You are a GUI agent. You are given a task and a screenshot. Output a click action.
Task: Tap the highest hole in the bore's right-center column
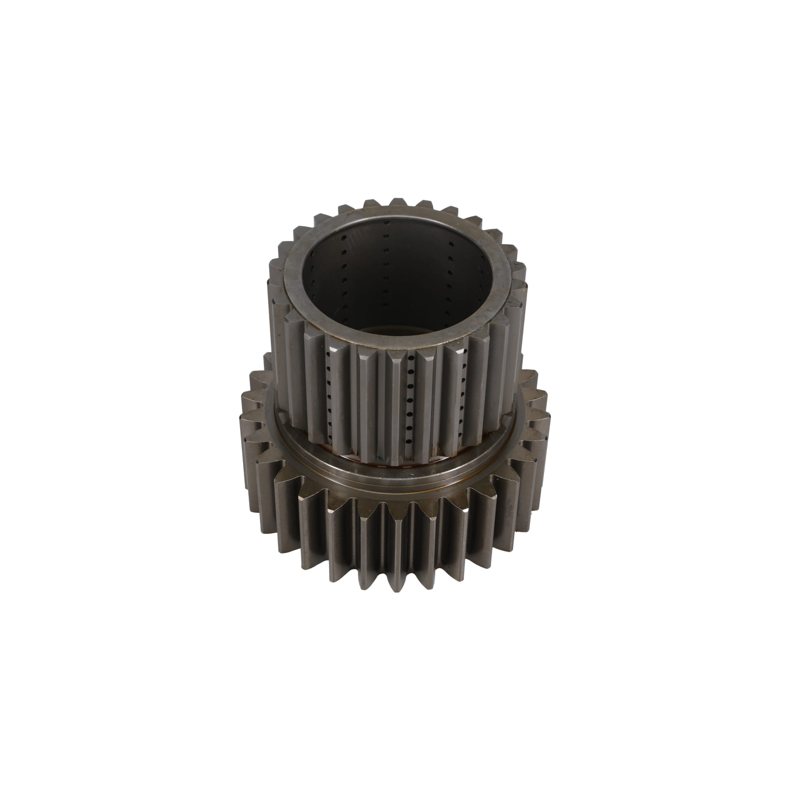pos(451,244)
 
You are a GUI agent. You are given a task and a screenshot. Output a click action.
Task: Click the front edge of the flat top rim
pos(393,342)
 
